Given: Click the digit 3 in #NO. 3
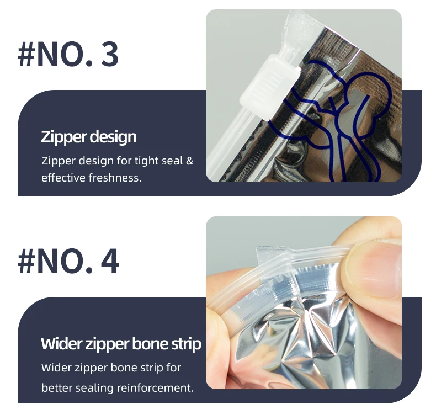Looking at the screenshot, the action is [110, 54].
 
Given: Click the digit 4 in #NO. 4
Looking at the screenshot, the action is [110, 262].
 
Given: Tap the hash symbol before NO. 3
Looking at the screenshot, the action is [26, 54].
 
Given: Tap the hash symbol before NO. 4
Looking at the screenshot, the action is [26, 262].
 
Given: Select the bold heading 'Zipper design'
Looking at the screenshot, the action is [89, 137].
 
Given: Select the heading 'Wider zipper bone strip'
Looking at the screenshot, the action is [121, 344].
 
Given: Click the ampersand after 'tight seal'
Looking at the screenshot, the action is [189, 161].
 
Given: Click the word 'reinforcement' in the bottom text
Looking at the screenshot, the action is [155, 387].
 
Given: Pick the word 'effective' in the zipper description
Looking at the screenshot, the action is [63, 178].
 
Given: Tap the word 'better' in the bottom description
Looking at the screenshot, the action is [57, 387].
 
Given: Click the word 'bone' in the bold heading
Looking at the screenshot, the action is [150, 344].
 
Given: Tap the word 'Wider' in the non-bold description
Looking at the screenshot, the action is [57, 368].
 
